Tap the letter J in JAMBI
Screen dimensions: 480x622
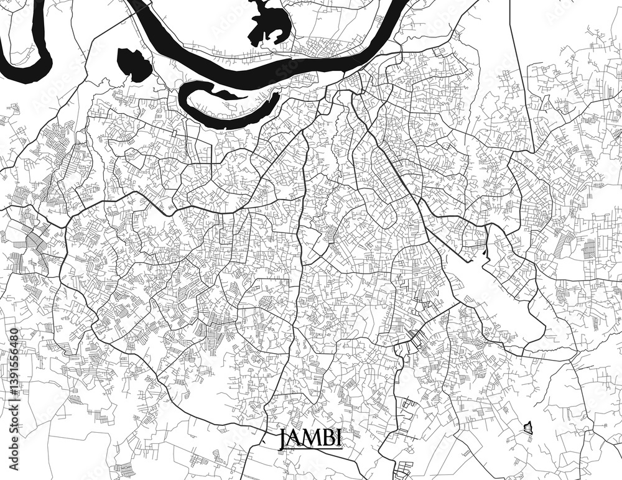click(284, 437)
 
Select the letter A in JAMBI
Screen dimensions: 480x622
click(295, 437)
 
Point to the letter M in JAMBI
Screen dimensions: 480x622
click(310, 437)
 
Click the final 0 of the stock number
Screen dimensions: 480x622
click(14, 331)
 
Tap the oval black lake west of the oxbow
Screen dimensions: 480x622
click(133, 64)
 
